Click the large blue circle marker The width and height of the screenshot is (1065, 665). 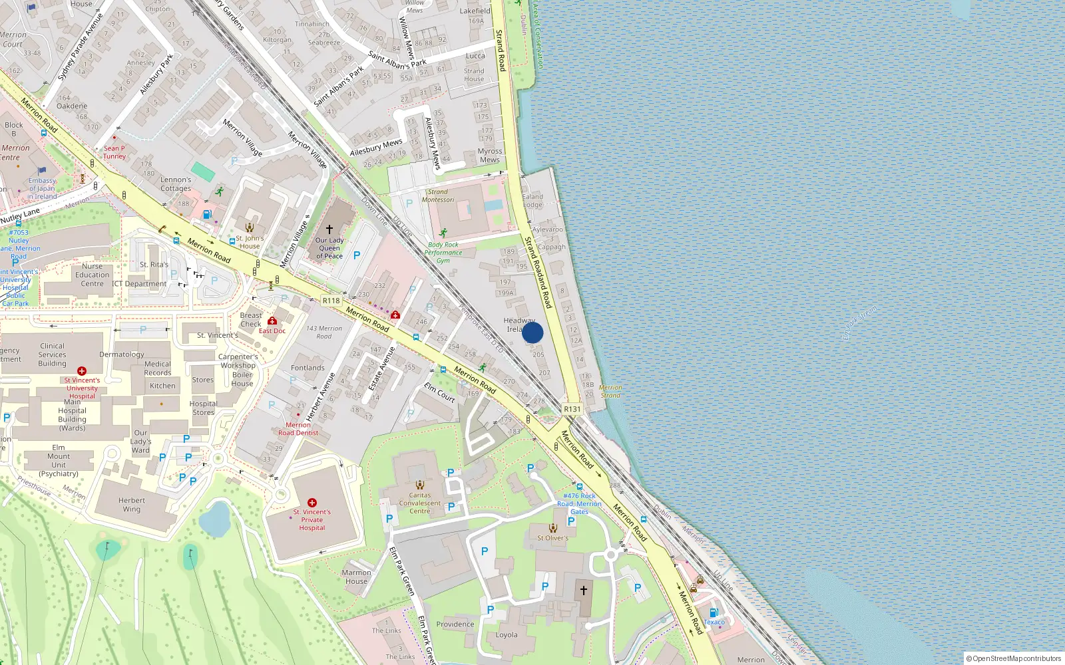[x=532, y=332]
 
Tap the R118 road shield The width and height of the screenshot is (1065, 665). [x=331, y=301]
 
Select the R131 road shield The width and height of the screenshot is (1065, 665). [x=572, y=409]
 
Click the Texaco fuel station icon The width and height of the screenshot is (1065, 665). [x=714, y=612]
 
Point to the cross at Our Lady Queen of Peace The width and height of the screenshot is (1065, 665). [x=329, y=229]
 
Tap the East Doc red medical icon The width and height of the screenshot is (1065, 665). [x=272, y=321]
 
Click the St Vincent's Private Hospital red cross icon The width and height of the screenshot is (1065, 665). [x=312, y=503]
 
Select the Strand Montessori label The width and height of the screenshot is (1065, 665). [x=438, y=196]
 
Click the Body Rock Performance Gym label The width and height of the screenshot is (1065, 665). [x=443, y=253]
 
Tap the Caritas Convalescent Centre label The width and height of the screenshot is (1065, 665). [x=420, y=503]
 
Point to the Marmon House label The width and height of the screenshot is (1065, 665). [x=356, y=577]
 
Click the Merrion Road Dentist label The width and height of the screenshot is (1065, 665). [x=298, y=429]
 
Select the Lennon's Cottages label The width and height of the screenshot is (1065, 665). [x=176, y=184]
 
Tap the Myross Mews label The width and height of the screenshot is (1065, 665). [x=490, y=156]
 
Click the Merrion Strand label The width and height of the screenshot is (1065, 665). [x=610, y=391]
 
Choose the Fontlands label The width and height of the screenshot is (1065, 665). [x=308, y=368]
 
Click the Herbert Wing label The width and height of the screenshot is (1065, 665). [x=132, y=505]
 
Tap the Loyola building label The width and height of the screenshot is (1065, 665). [x=507, y=634]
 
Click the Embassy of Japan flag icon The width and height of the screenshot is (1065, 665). [x=42, y=171]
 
